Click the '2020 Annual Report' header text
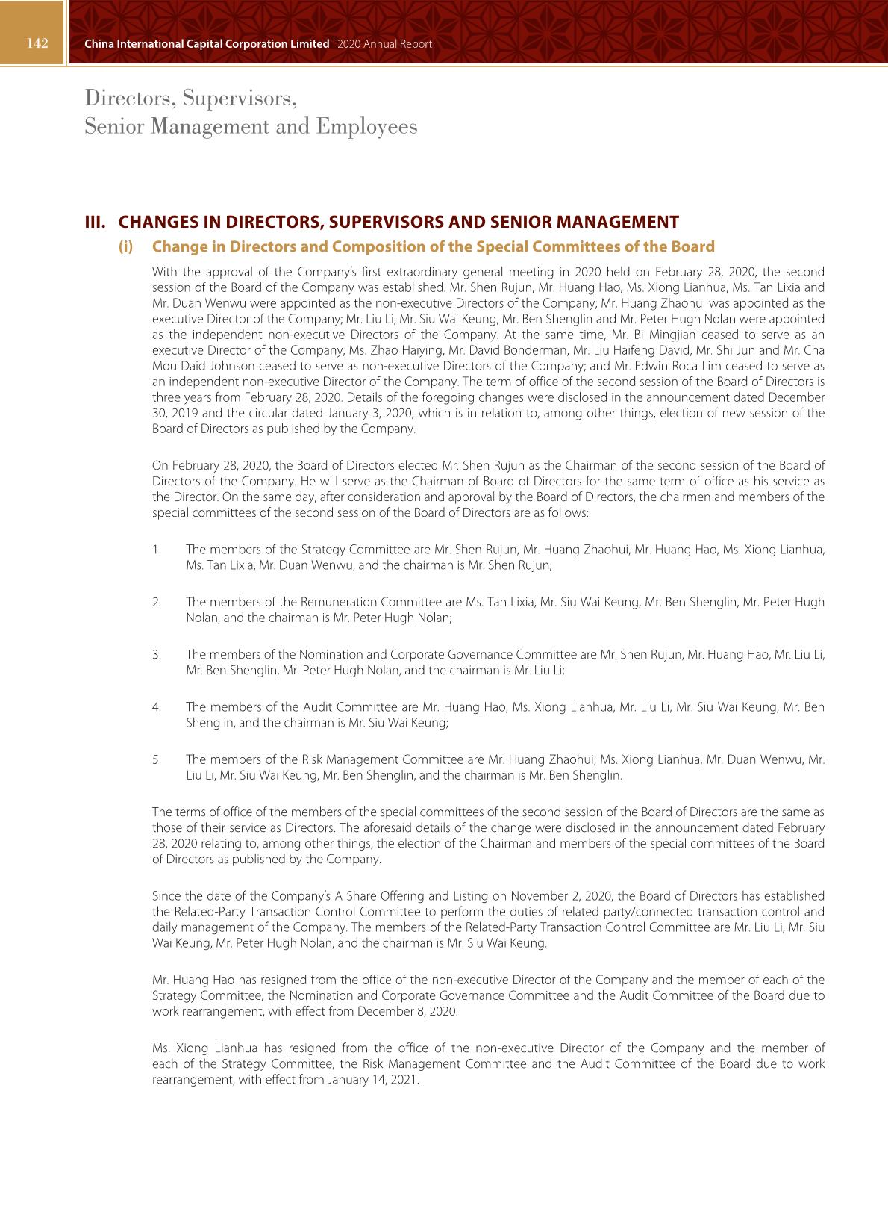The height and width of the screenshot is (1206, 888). coord(384,44)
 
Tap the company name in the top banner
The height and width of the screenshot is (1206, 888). coord(207,44)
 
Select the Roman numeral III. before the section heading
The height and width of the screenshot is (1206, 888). coord(95,222)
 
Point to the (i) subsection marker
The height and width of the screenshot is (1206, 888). coord(125,246)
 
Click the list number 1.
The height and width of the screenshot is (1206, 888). coord(156,550)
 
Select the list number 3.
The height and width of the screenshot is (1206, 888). coord(157,655)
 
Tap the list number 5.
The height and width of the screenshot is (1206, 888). coord(157,760)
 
